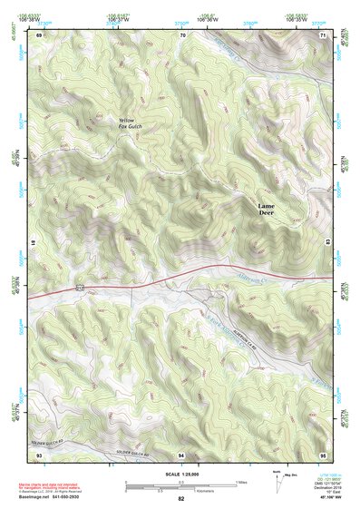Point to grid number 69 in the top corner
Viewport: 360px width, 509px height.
40,34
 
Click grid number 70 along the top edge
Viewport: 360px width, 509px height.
182,34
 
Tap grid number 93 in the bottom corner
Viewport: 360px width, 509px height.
40,453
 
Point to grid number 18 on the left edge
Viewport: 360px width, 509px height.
34,243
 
